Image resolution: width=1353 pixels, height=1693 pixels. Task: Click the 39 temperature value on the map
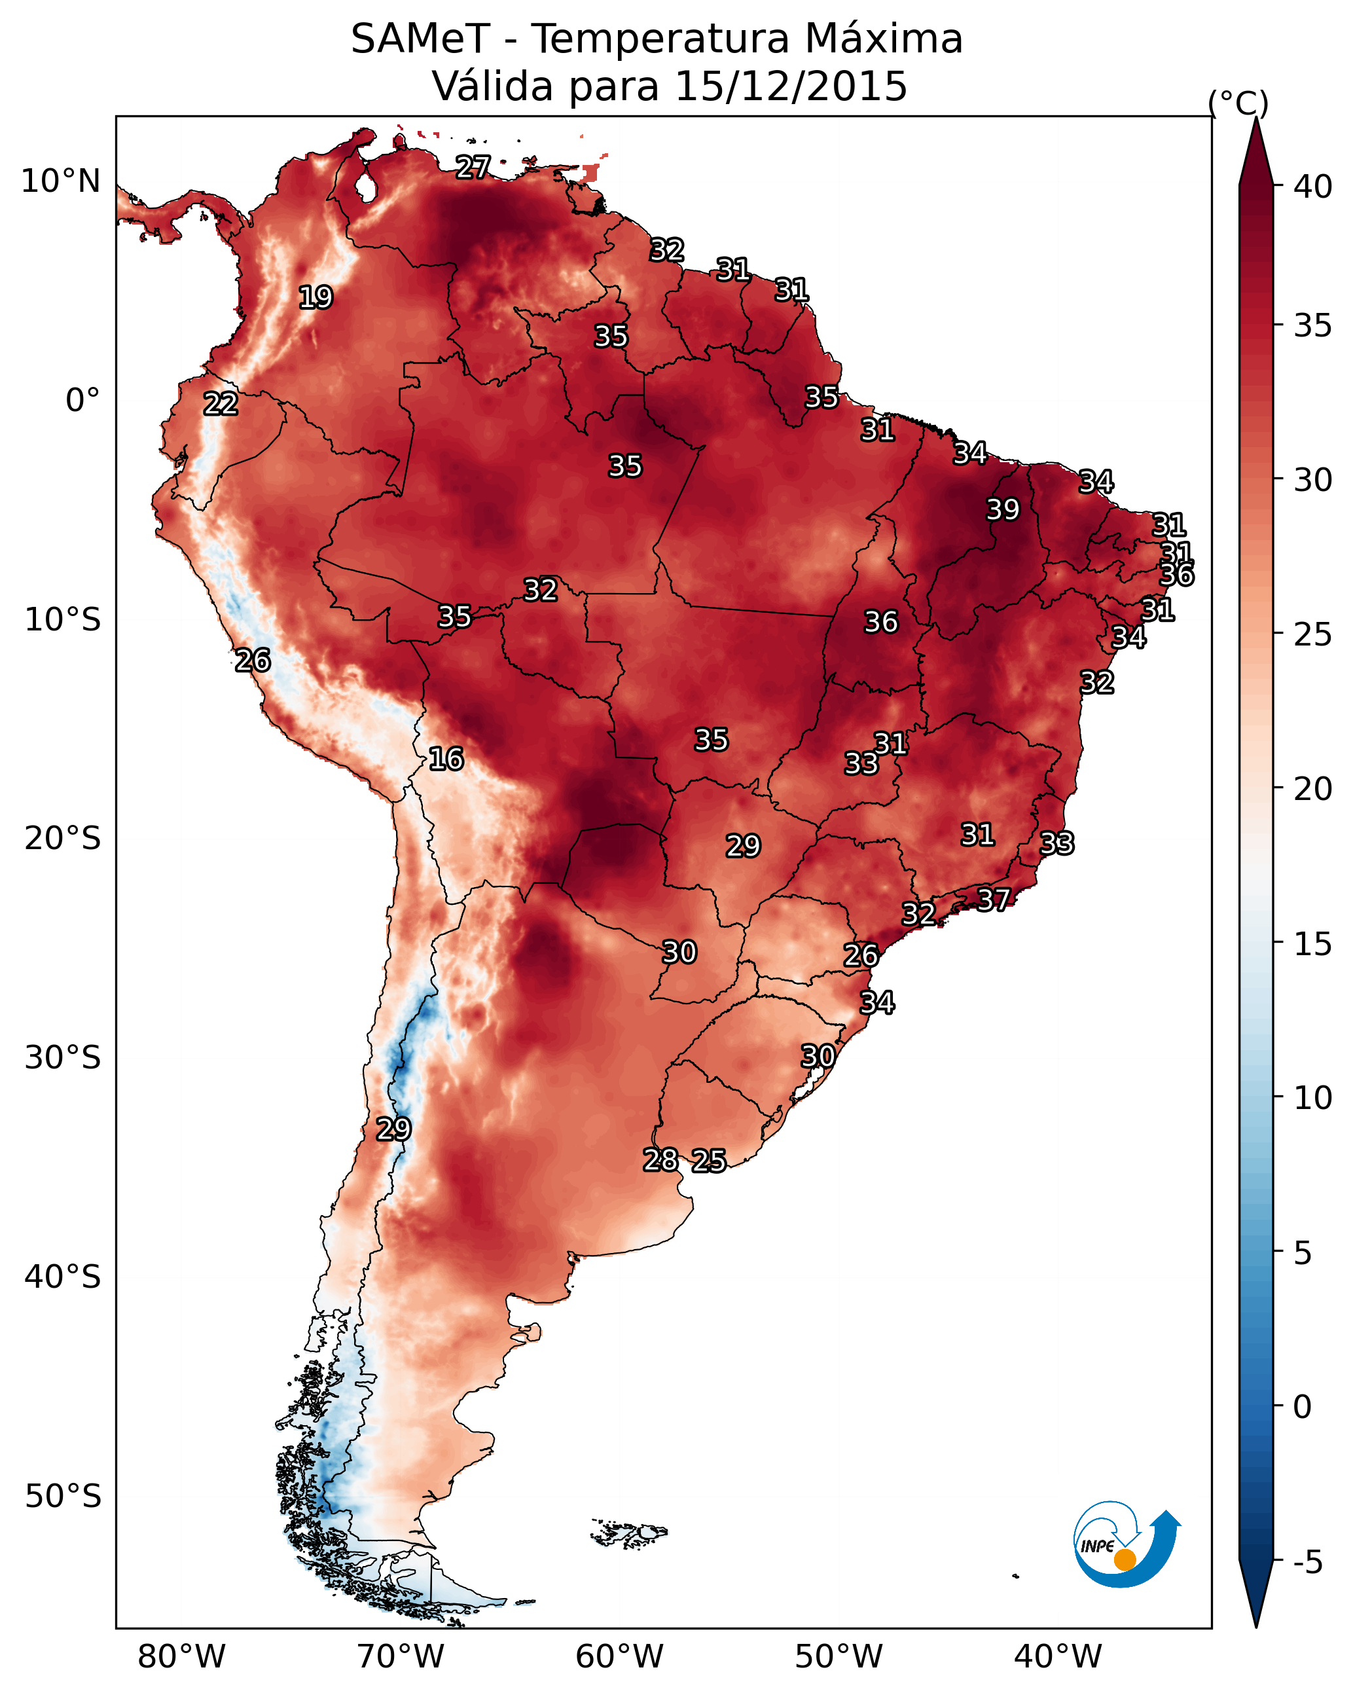pos(1003,509)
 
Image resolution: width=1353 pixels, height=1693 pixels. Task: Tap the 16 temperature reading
pos(446,759)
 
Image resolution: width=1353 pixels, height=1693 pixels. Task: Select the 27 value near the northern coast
pos(473,166)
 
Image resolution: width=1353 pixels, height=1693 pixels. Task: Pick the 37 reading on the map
pos(994,899)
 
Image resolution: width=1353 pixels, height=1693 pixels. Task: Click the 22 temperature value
pos(221,404)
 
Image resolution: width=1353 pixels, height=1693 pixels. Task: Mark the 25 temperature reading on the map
pos(709,1161)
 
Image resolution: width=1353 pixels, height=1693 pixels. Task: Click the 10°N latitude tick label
pos(60,181)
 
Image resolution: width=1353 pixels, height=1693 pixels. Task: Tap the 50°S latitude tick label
pos(63,1497)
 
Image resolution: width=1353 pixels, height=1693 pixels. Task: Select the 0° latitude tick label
pos(82,401)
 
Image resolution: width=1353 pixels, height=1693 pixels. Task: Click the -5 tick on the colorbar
pos(1307,1562)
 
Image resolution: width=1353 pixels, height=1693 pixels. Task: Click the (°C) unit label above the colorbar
pos(1238,103)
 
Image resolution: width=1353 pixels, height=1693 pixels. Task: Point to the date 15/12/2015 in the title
pos(791,86)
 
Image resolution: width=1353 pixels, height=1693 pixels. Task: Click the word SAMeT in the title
pos(420,39)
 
